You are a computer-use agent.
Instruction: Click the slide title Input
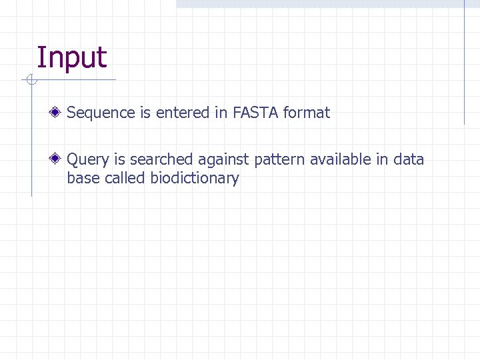pos(71,59)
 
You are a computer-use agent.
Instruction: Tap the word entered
pos(183,113)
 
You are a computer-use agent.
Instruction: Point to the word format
pos(306,113)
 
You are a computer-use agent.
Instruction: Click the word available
pos(341,160)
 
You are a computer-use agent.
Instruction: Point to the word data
pos(409,160)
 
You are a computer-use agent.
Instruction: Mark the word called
pos(125,179)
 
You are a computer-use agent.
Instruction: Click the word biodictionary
pos(195,179)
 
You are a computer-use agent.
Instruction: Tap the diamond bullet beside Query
pos(58,159)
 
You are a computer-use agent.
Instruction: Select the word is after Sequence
pos(145,113)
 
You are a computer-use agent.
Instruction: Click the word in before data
pos(384,160)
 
